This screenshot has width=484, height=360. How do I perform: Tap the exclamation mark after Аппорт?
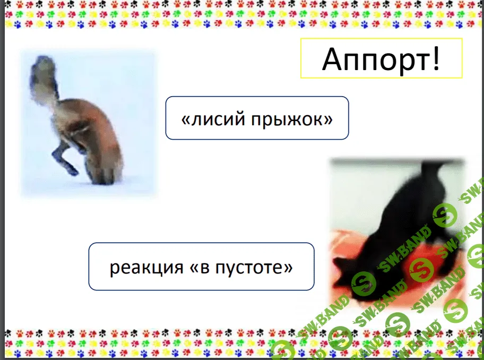[436, 58]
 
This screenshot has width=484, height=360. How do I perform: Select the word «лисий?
[213, 119]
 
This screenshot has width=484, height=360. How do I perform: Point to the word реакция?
[146, 268]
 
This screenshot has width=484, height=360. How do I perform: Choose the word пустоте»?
[254, 268]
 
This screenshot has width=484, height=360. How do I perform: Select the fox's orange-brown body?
[92, 136]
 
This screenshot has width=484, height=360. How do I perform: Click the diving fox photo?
[89, 124]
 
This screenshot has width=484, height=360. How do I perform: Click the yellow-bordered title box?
[381, 58]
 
